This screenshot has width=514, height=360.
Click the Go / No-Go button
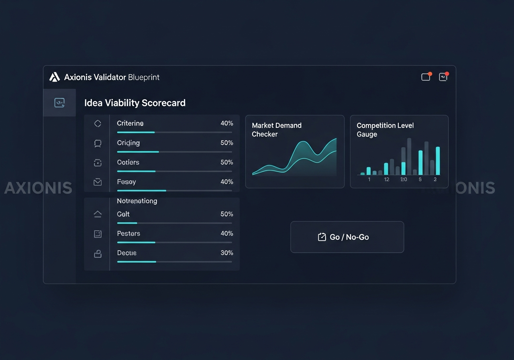[x=347, y=237]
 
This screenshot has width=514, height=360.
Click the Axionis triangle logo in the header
[x=54, y=77]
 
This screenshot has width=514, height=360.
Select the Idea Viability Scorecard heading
[x=135, y=103]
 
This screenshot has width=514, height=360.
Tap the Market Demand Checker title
[x=276, y=130]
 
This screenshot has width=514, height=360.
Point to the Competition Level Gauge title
[x=385, y=130]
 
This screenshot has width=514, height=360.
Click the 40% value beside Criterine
[x=226, y=123]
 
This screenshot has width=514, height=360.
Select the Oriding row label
[x=128, y=143]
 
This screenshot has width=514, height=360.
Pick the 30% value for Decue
[x=226, y=253]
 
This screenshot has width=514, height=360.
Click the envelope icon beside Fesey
[x=98, y=182]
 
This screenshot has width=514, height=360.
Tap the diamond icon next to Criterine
[x=98, y=124]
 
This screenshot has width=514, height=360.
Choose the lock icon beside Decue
[x=98, y=253]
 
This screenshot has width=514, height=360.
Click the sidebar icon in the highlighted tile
[x=59, y=103]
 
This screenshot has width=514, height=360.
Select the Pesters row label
[x=128, y=233]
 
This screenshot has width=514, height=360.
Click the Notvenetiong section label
[x=137, y=201]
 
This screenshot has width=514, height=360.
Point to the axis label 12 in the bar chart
[x=387, y=180]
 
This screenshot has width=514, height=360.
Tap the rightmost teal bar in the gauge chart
[x=438, y=161]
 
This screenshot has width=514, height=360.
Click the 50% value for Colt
[x=226, y=214]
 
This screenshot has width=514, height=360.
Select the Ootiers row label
[x=128, y=162]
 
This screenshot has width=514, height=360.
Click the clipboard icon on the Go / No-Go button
[x=322, y=237]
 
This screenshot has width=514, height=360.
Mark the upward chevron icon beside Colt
[x=98, y=214]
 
